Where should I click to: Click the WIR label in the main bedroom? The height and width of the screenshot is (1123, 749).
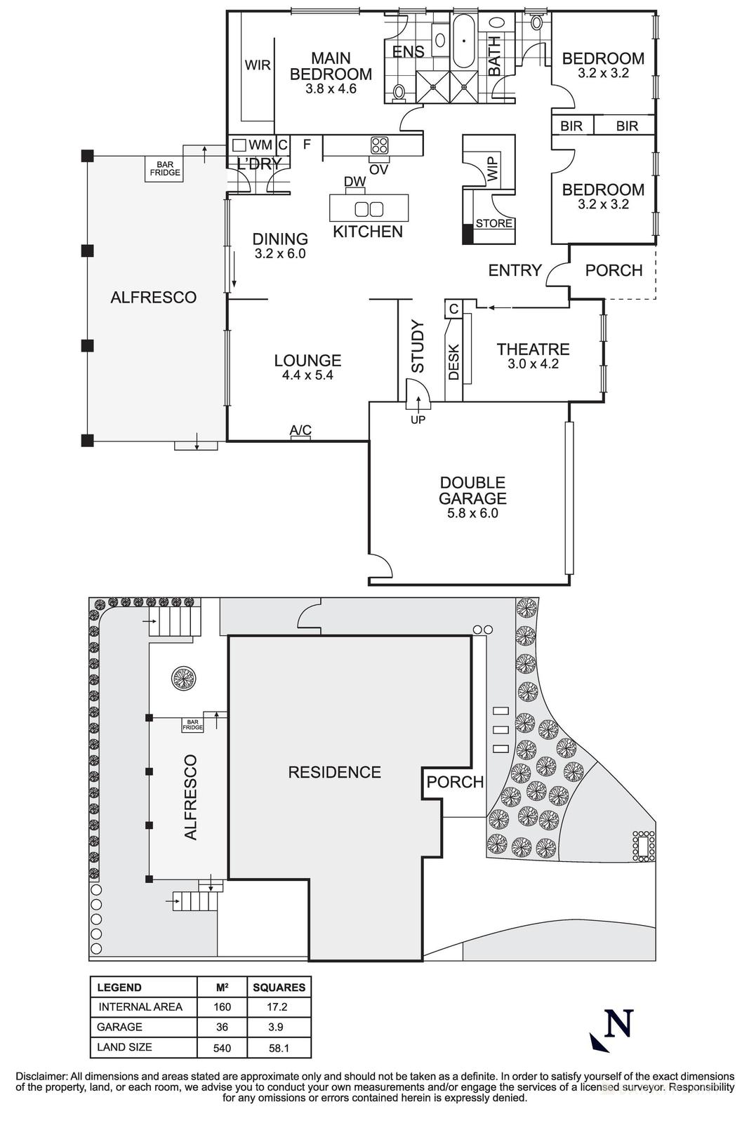(258, 65)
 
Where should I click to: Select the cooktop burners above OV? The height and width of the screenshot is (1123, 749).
(379, 145)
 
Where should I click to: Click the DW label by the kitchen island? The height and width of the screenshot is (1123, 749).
(355, 182)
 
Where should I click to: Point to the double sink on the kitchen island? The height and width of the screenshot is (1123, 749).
(369, 208)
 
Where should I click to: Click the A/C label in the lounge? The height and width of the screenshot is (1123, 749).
(300, 430)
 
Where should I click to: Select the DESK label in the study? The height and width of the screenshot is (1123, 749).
(453, 361)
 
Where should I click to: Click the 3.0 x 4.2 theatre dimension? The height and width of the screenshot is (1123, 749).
(533, 364)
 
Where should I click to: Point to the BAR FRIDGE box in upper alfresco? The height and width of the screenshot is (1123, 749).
(164, 169)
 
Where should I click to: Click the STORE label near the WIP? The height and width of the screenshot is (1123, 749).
(494, 224)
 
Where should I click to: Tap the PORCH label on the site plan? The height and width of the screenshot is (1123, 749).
(455, 782)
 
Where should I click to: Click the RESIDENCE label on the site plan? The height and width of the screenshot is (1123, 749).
(334, 772)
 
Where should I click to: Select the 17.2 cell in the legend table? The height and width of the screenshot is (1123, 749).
(279, 1006)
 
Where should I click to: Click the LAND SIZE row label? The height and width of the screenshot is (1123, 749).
(125, 1047)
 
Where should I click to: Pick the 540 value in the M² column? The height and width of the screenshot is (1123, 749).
(222, 1048)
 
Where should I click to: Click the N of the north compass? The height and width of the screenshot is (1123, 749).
(618, 1023)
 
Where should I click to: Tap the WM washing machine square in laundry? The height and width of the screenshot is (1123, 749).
(239, 145)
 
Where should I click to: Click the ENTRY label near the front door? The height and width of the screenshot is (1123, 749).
(515, 270)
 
